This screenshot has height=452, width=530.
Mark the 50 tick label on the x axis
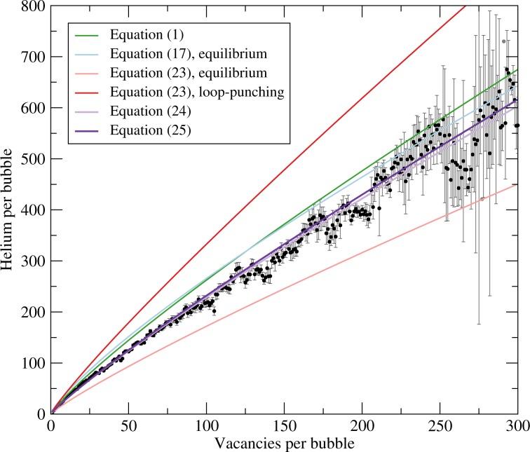tap(128, 426)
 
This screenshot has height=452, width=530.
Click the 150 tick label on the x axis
tap(284, 426)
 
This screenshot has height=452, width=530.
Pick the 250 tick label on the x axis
tap(440, 426)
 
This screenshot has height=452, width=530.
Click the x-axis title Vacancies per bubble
tap(284, 443)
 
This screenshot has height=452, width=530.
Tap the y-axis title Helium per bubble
tap(11, 210)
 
